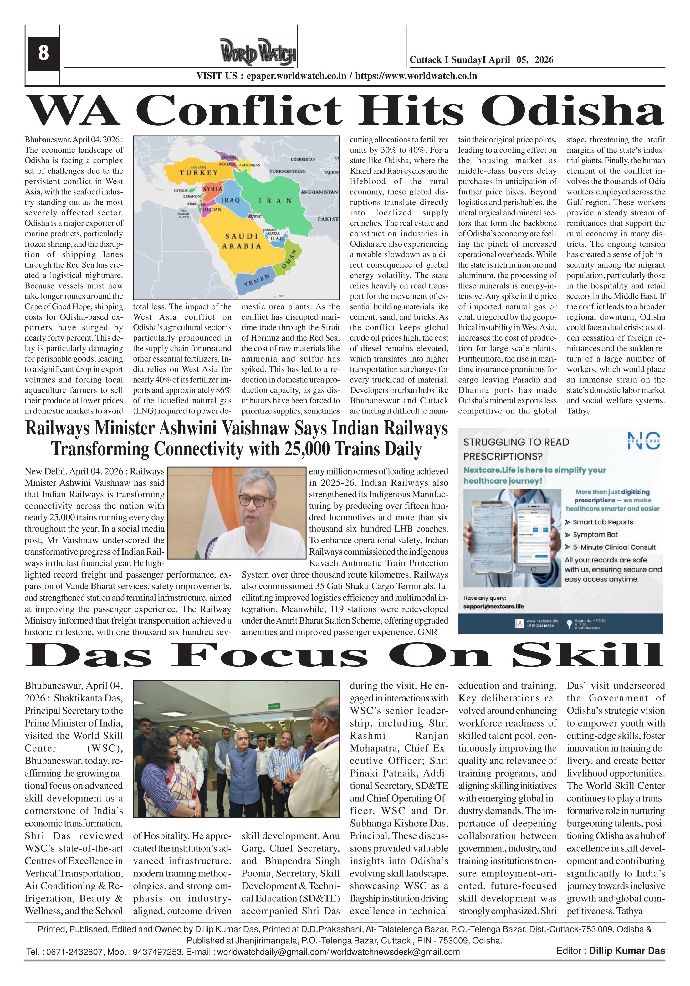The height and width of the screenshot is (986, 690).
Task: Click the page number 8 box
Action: pyautogui.click(x=43, y=53)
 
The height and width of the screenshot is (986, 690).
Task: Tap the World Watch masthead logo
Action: pyautogui.click(x=258, y=53)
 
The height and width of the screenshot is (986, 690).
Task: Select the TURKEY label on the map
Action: pyautogui.click(x=198, y=173)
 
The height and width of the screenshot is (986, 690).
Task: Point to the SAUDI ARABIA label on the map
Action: pyautogui.click(x=241, y=241)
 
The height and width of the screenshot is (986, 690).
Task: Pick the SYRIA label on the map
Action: pyautogui.click(x=212, y=188)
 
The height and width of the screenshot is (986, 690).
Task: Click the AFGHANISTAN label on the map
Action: pyautogui.click(x=319, y=192)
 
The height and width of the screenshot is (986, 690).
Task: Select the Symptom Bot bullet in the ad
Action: pyautogui.click(x=596, y=535)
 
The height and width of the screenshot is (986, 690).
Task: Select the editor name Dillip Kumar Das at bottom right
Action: pyautogui.click(x=626, y=974)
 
